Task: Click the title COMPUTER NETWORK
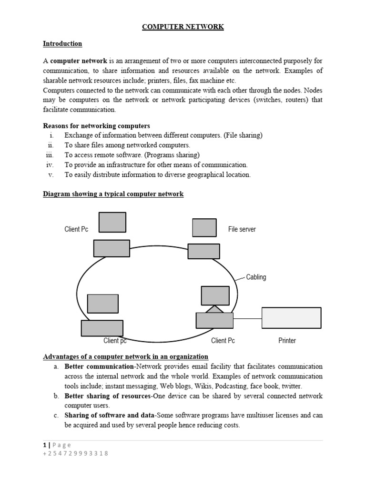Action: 183,27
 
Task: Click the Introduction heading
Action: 62,44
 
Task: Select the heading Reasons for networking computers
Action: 96,126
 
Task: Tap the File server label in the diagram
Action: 242,229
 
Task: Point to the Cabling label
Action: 256,277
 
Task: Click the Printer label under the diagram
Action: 287,341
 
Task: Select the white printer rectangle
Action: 291,318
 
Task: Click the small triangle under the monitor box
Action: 214,309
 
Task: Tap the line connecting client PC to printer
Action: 247,318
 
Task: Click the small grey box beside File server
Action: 204,227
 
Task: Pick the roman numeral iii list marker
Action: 50,155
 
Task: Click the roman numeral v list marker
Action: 51,174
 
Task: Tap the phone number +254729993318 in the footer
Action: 76,453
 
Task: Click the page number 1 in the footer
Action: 44,445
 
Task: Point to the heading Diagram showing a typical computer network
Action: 113,194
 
